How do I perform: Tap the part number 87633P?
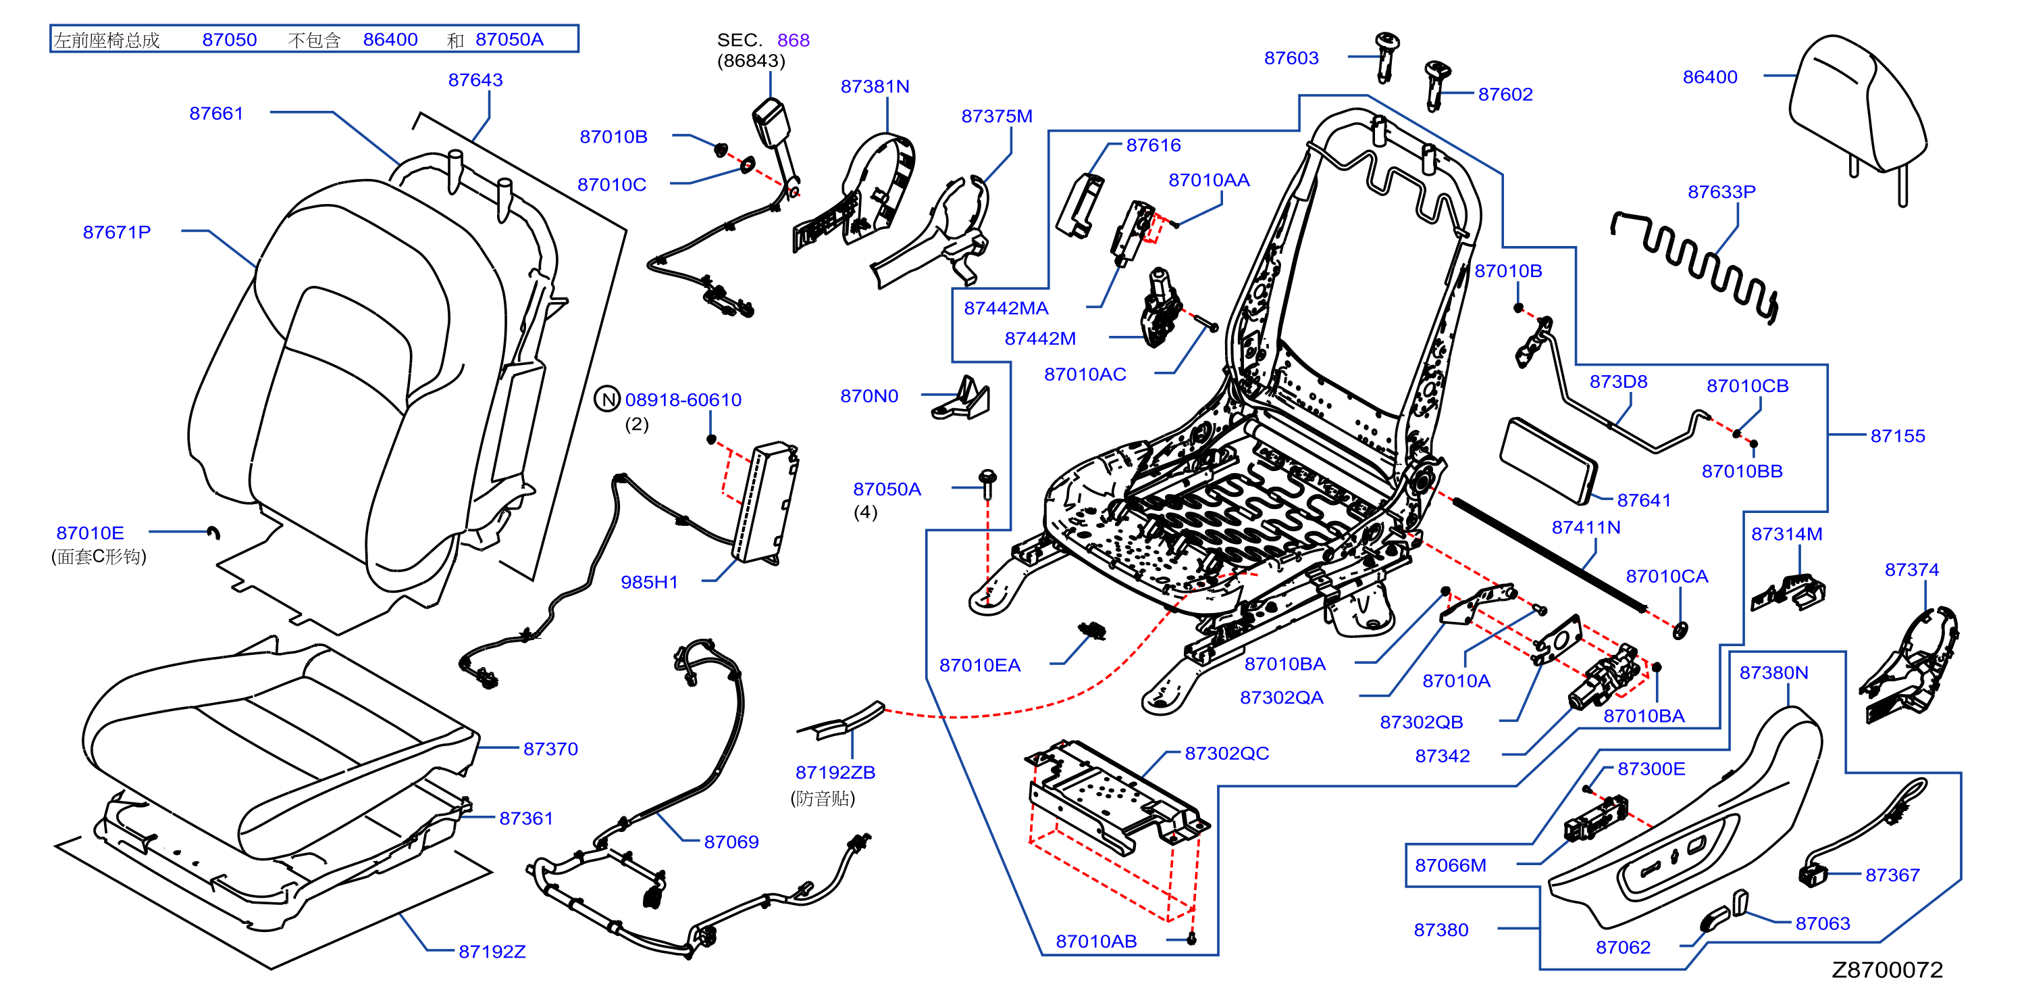(1721, 192)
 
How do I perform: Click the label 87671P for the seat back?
(116, 232)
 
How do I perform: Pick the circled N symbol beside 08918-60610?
(607, 399)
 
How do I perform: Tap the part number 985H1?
(649, 582)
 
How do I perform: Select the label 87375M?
(996, 116)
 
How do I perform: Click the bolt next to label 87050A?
(987, 483)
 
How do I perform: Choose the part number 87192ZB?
(835, 772)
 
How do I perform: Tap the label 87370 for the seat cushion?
(550, 749)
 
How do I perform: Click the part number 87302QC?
(1226, 753)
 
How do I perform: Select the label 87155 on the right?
(1898, 436)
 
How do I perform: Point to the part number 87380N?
(1773, 673)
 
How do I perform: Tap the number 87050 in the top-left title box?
(230, 39)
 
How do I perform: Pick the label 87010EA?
(980, 666)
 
